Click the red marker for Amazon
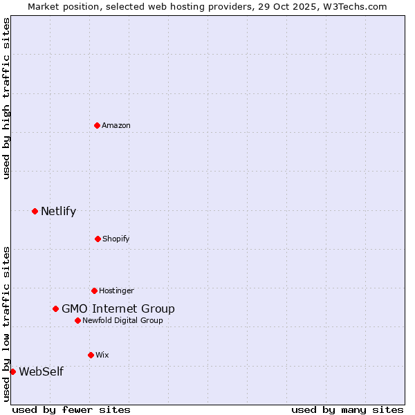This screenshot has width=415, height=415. [x=97, y=125]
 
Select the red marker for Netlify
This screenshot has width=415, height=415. [x=35, y=211]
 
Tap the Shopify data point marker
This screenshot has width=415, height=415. [x=98, y=239]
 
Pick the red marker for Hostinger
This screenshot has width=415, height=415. [x=94, y=290]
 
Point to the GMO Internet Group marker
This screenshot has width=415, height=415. [x=55, y=308]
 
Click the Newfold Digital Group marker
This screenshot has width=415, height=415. [x=77, y=320]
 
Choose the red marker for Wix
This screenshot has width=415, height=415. [x=91, y=355]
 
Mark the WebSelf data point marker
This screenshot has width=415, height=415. [x=12, y=371]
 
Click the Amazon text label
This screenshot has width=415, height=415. [x=116, y=125]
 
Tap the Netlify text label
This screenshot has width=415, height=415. [x=58, y=212]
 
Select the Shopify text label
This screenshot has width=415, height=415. [x=116, y=239]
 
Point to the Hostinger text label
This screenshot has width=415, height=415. [x=116, y=290]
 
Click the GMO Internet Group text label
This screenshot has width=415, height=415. [x=118, y=309]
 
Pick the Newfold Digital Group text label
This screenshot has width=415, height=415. [x=122, y=320]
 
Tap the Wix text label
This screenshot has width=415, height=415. [x=102, y=355]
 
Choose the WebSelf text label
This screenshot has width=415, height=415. [x=41, y=372]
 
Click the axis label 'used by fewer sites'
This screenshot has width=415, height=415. [x=71, y=409]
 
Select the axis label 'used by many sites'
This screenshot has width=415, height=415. [x=347, y=409]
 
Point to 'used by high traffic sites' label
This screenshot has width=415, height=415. [x=6, y=98]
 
